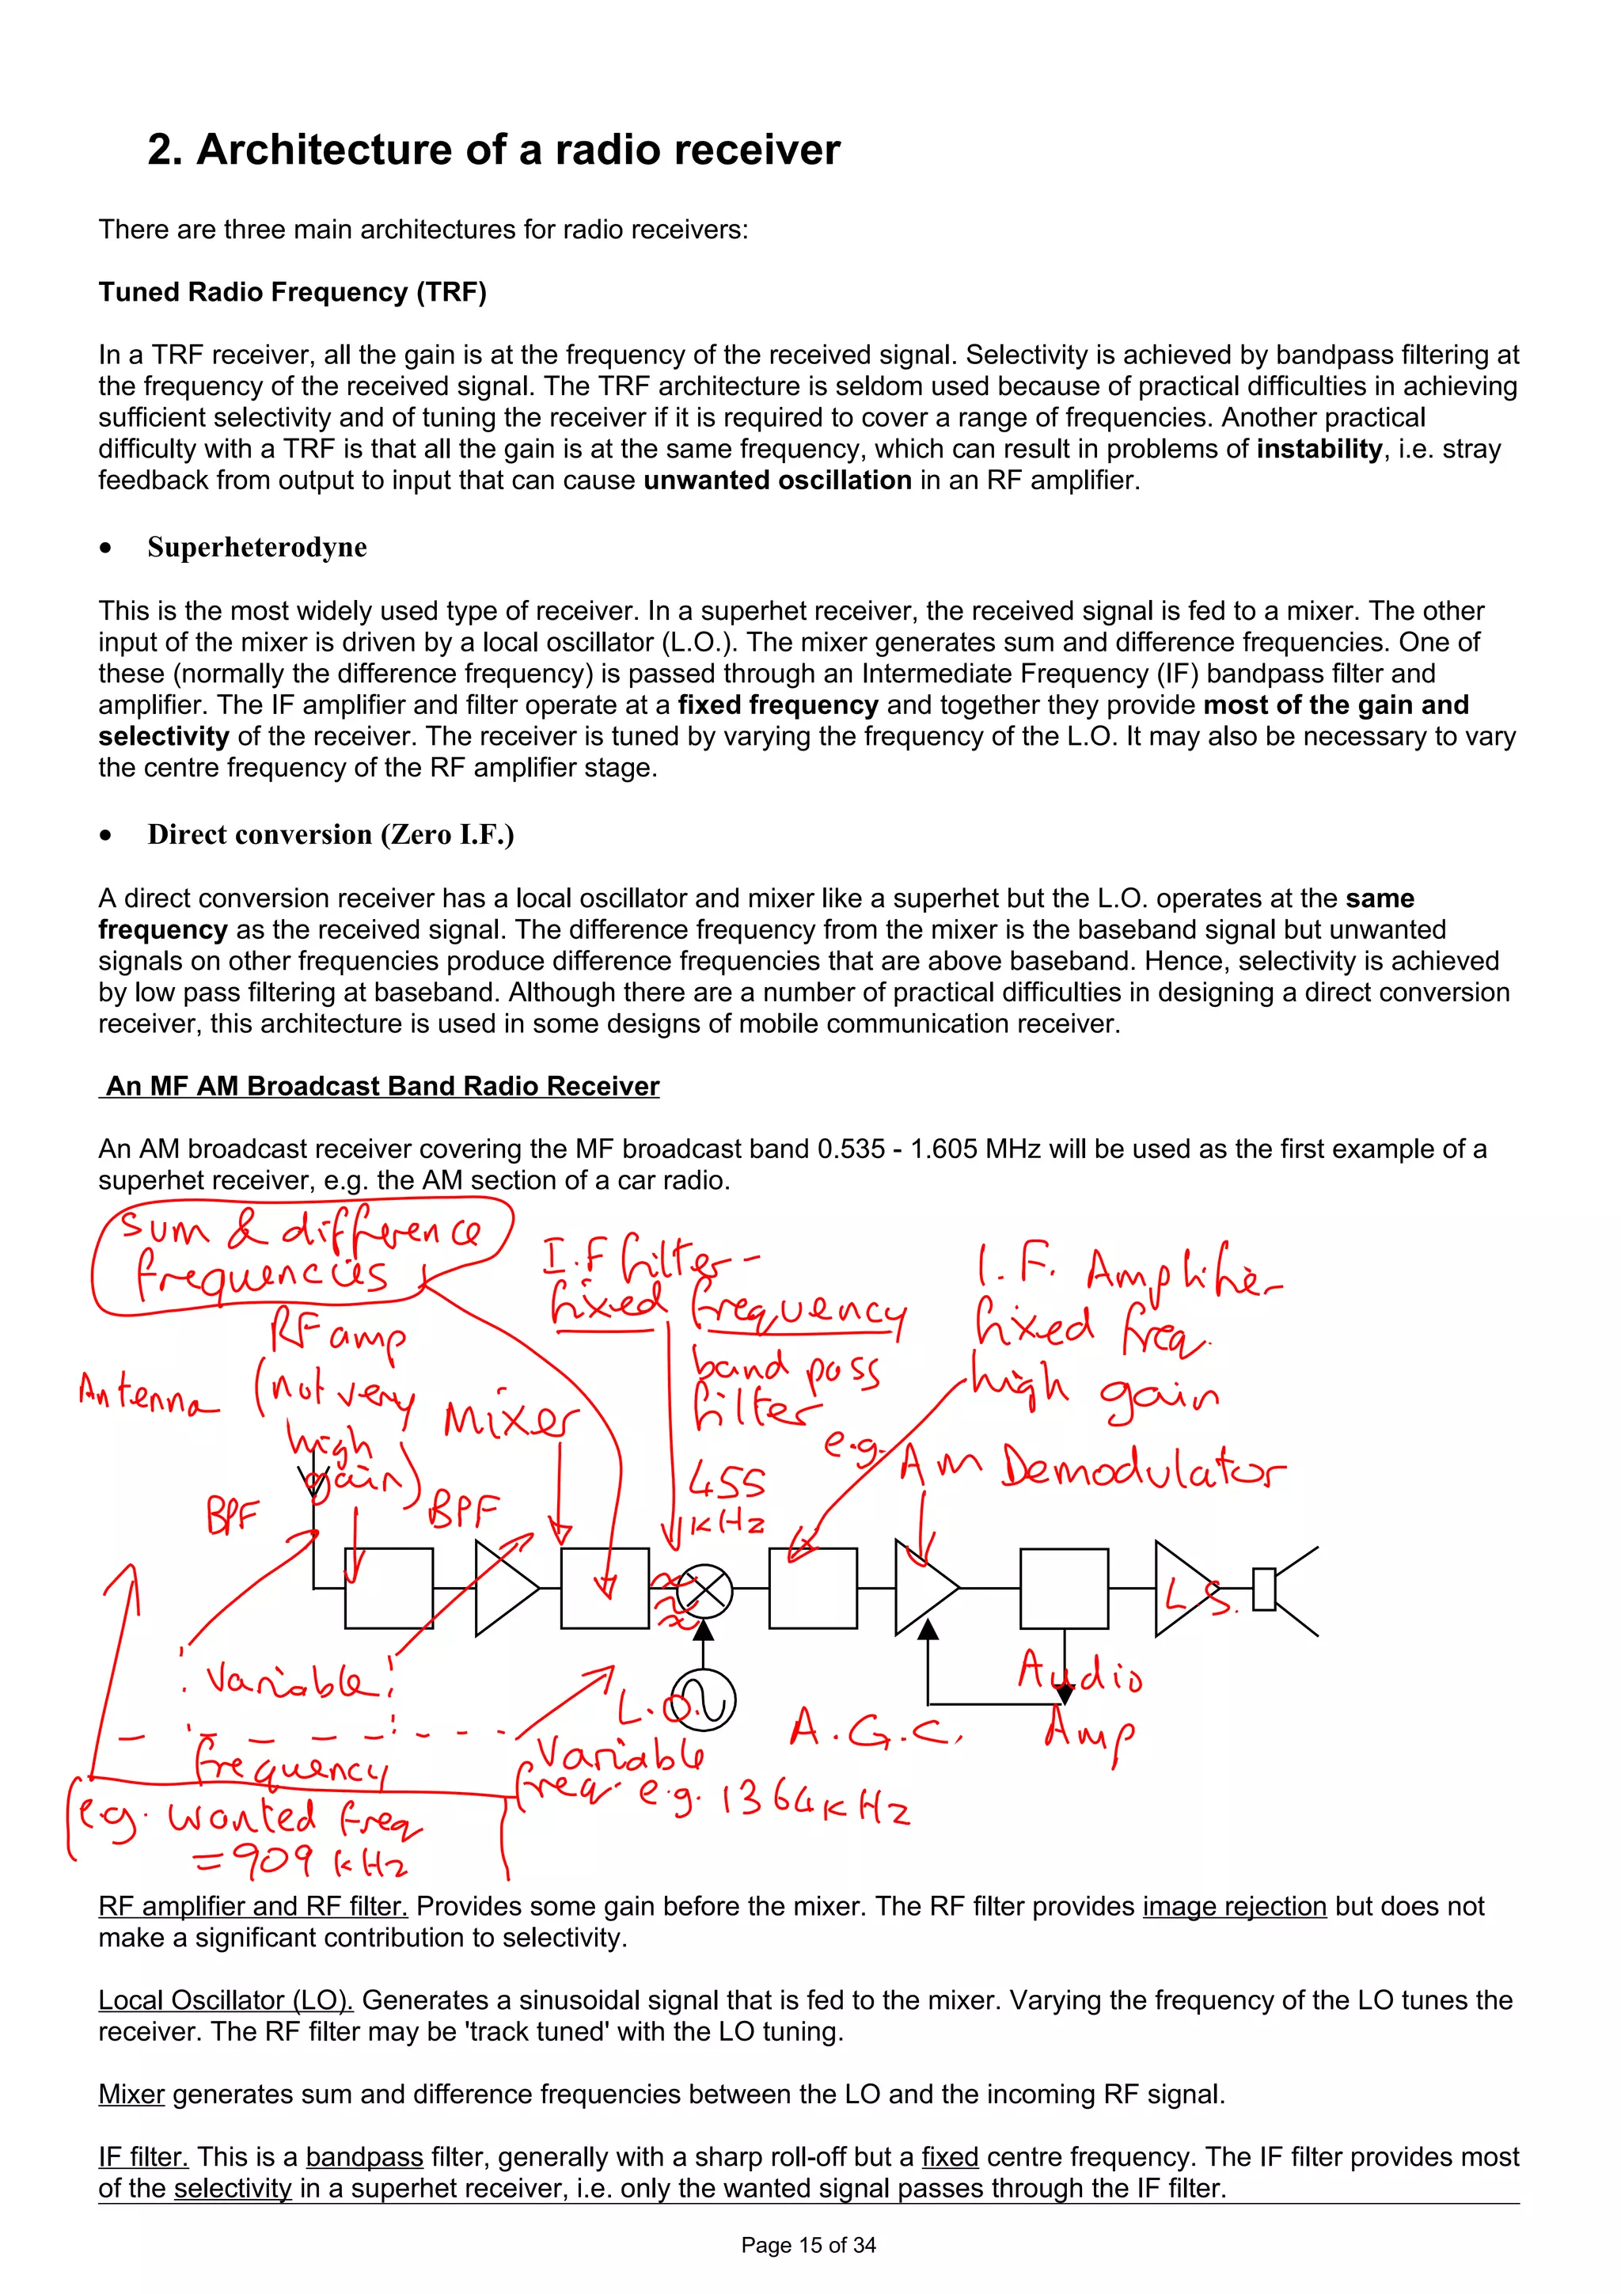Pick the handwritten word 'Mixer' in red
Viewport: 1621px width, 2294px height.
(x=510, y=1419)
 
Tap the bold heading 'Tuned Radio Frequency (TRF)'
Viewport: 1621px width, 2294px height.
(x=291, y=292)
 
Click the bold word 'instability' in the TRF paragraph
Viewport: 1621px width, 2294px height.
(x=1319, y=449)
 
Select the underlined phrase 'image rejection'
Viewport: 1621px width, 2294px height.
(x=1233, y=1906)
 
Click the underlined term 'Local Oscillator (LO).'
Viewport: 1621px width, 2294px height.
(x=226, y=2000)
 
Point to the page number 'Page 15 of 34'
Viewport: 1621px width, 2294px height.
(x=808, y=2245)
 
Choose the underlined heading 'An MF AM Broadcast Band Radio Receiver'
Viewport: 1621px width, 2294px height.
(x=382, y=1086)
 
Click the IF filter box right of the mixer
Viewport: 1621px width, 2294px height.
(x=812, y=1589)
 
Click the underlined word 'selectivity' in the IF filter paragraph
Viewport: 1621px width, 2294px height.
(x=232, y=2188)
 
